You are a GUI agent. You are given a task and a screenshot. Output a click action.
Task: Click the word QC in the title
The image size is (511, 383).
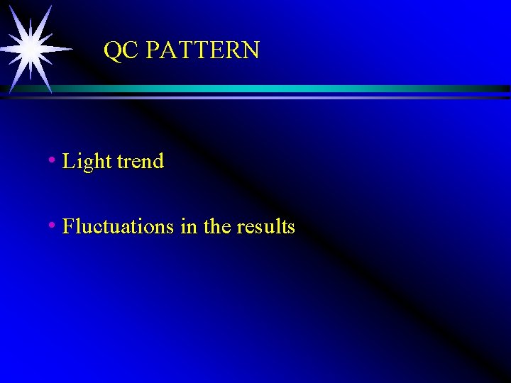(x=119, y=50)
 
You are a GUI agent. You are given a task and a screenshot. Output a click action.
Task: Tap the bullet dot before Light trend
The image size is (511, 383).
(x=52, y=160)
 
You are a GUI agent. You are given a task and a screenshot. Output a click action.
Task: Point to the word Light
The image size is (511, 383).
(x=87, y=162)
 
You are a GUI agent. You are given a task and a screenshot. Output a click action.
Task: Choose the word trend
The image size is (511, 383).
(x=141, y=161)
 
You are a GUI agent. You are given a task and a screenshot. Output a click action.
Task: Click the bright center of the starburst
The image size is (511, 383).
(x=31, y=48)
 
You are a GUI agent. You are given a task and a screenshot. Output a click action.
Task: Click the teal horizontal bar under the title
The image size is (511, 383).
(x=284, y=89)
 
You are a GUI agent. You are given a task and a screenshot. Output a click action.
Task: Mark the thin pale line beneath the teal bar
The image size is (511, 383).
(x=284, y=97)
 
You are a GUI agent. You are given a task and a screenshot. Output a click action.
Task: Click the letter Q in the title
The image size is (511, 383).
(x=112, y=50)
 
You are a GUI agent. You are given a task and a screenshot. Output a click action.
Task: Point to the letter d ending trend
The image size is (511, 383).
(x=158, y=161)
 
